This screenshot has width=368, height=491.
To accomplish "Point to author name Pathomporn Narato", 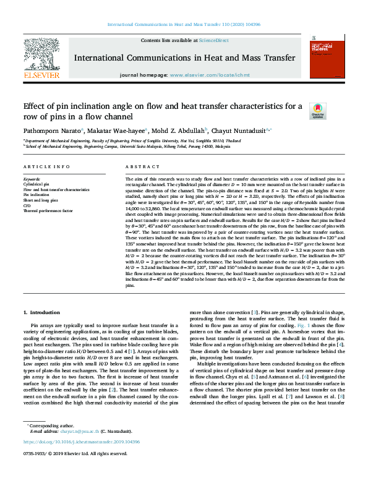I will click(x=49, y=131).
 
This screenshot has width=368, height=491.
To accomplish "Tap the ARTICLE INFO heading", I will click(x=46, y=167).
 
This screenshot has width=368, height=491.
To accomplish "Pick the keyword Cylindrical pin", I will click(x=37, y=184).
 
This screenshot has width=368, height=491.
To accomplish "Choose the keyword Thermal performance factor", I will click(x=48, y=211).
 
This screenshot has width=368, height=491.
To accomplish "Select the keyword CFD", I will click(x=27, y=206).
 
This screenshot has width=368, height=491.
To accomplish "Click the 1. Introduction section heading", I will click(x=45, y=314).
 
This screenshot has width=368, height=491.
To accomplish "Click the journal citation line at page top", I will click(x=184, y=24).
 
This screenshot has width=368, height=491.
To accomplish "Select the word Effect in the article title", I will click(x=36, y=106).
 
